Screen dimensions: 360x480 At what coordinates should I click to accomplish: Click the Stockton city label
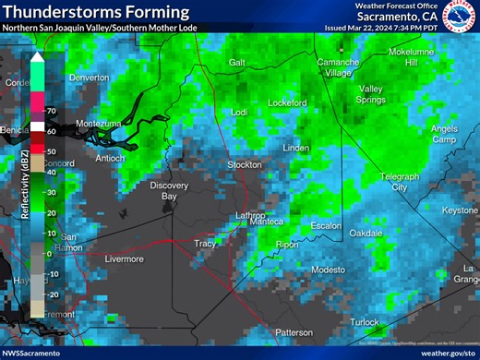pyautogui.click(x=245, y=165)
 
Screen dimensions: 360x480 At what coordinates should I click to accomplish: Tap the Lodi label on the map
pyautogui.click(x=239, y=112)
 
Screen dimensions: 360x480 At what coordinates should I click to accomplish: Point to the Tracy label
pyautogui.click(x=205, y=244)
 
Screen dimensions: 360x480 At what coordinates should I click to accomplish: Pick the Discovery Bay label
pyautogui.click(x=169, y=191)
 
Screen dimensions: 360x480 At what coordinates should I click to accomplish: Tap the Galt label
pyautogui.click(x=237, y=62)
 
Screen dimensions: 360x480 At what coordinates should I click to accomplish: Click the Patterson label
pyautogui.click(x=294, y=332)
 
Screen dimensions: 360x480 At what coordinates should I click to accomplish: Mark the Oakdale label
pyautogui.click(x=366, y=234)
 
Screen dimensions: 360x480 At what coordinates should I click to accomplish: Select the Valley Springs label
pyautogui.click(x=372, y=95)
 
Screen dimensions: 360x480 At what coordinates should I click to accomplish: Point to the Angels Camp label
pyautogui.click(x=444, y=134)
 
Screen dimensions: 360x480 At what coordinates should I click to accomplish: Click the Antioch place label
pyautogui.click(x=110, y=158)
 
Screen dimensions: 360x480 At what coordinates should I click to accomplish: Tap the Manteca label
pyautogui.click(x=267, y=222)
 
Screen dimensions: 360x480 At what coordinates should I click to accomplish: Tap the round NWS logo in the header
pyautogui.click(x=459, y=16)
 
